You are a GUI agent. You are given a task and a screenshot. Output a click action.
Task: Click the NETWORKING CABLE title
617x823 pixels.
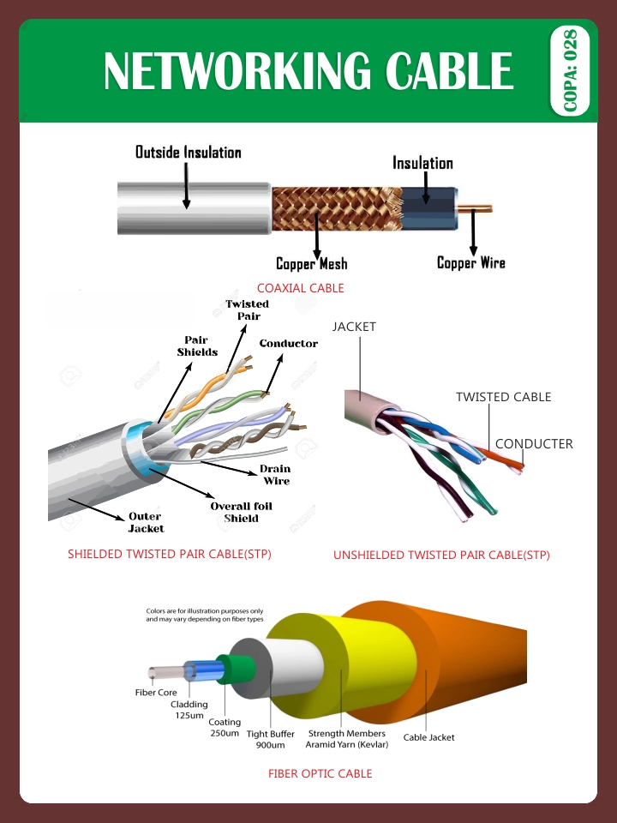(x=308, y=70)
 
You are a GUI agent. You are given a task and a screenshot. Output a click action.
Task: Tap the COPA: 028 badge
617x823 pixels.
(x=570, y=70)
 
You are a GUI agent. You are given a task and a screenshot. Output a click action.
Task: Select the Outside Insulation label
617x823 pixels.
(x=189, y=153)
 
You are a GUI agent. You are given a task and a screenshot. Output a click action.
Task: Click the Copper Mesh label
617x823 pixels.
(x=311, y=264)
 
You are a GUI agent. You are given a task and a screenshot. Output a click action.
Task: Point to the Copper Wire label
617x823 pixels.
(x=470, y=263)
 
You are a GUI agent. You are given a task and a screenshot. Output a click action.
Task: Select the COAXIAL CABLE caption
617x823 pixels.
(x=300, y=288)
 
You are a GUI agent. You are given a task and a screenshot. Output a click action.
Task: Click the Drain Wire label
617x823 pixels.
(x=276, y=475)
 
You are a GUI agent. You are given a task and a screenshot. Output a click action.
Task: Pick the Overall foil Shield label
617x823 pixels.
(x=241, y=512)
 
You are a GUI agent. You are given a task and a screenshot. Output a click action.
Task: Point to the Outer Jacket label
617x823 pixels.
(x=146, y=522)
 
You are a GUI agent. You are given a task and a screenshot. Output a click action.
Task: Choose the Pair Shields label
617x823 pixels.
(x=197, y=346)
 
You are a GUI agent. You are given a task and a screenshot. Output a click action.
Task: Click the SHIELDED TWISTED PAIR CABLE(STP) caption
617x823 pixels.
(x=170, y=554)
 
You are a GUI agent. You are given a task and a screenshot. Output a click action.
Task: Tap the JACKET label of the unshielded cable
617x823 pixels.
(x=354, y=327)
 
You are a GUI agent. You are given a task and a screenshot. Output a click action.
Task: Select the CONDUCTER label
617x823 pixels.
(x=534, y=443)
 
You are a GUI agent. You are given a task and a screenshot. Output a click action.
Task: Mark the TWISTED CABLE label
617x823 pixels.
(x=503, y=397)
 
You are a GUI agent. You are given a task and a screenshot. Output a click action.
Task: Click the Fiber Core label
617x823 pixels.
(x=156, y=692)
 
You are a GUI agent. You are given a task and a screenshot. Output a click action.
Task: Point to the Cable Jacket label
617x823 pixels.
(x=428, y=737)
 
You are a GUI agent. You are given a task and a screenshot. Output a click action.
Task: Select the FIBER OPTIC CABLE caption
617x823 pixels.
(x=320, y=773)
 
